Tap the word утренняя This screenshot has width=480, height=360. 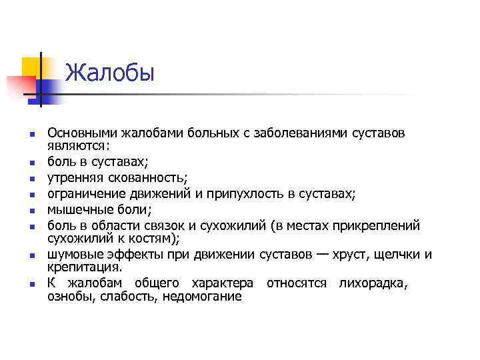coord(73,178)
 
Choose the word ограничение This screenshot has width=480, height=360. coord(84,194)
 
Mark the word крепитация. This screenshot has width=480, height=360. coord(85,267)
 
